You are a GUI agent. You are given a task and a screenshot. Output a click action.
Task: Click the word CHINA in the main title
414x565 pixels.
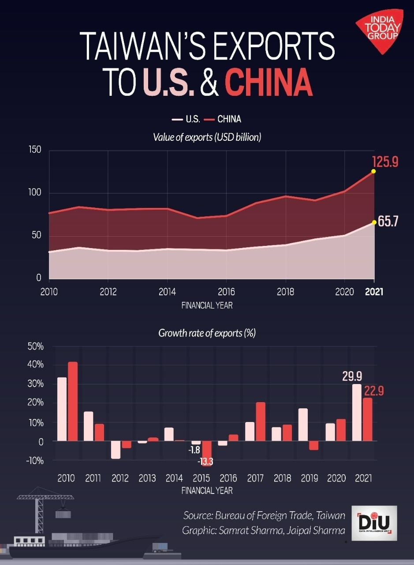(x=269, y=82)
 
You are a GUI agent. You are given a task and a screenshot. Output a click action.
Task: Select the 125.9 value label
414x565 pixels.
(x=385, y=162)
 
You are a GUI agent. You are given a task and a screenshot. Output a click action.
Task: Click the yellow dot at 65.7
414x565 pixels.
(x=374, y=222)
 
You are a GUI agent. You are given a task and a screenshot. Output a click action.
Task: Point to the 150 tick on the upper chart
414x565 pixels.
(x=35, y=150)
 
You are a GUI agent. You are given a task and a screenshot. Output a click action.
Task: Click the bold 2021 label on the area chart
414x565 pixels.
(x=374, y=292)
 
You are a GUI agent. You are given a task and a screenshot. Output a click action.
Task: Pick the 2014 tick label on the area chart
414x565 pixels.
(x=167, y=292)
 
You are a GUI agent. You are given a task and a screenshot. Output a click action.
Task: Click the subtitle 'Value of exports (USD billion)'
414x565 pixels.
(x=207, y=137)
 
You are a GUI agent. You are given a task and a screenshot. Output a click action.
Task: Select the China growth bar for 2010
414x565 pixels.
(x=73, y=401)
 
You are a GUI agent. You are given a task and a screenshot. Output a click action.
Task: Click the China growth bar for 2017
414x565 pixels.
(x=261, y=422)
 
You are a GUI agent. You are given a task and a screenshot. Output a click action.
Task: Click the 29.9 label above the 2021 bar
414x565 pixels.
(x=352, y=377)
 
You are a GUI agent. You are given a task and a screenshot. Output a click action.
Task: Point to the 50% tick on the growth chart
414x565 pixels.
(x=35, y=347)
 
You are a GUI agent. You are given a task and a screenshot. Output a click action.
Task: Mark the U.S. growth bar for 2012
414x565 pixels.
(x=116, y=450)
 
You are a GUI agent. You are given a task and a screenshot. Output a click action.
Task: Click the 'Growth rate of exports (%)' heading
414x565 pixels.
(x=207, y=333)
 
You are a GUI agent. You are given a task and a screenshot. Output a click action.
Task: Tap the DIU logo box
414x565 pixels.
(x=377, y=523)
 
